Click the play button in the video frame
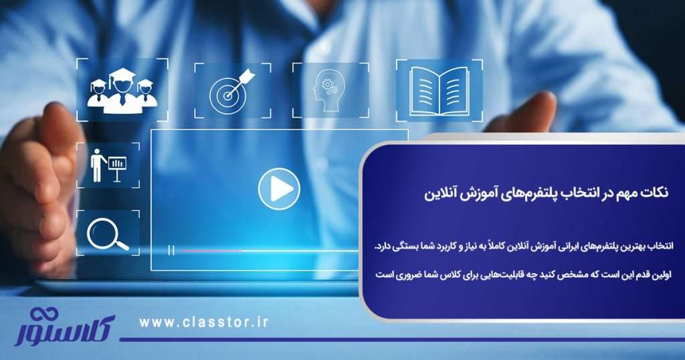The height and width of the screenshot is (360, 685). pos(276,187)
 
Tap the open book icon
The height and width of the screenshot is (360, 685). pos(439,90)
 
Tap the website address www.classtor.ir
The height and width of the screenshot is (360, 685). pos(204,323)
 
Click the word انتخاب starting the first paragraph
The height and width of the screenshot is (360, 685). pos(658,250)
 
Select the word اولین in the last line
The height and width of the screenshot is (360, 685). pos(659,275)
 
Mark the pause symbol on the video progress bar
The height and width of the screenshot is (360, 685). pos(172,250)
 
